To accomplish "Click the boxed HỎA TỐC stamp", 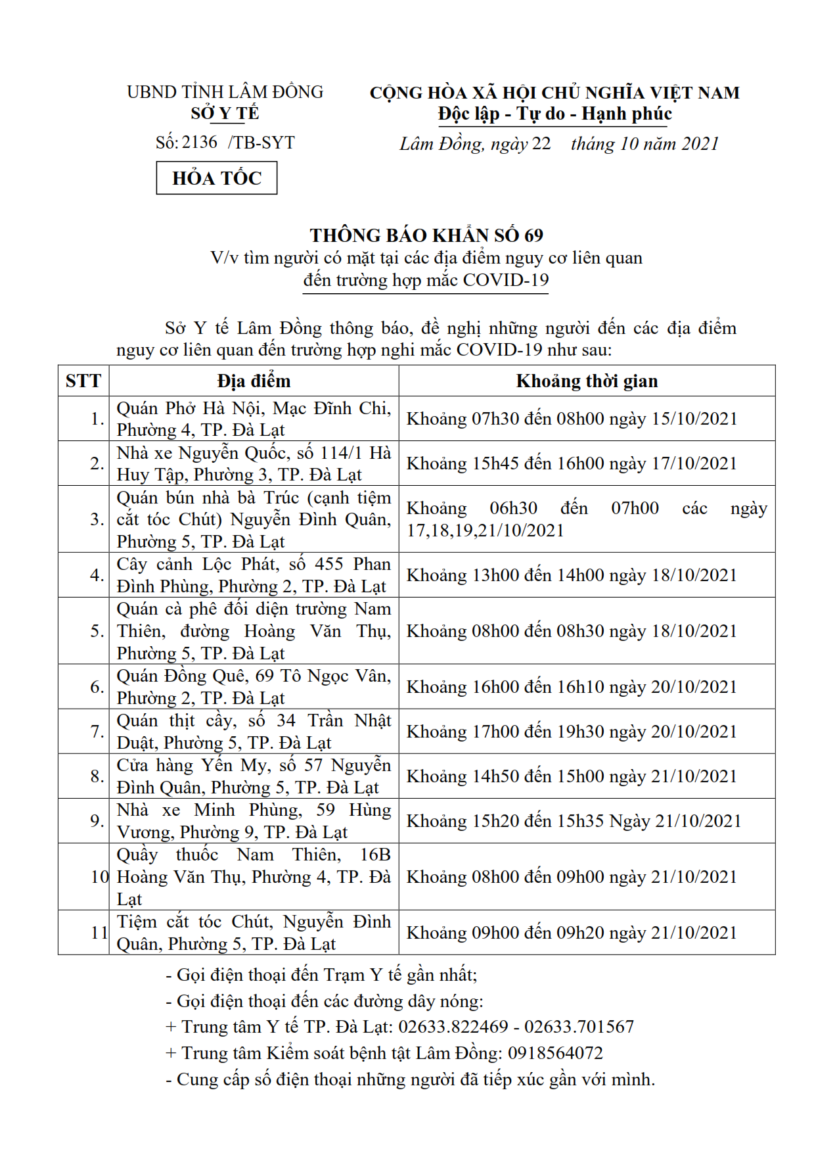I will tap(216, 178).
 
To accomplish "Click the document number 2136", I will tap(200, 142).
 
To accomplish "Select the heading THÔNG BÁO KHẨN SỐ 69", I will tap(426, 235).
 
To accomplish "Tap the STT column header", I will tap(83, 381).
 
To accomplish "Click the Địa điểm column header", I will tap(254, 381).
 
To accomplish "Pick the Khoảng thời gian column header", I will tap(587, 381).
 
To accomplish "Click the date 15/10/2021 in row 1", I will tap(694, 419).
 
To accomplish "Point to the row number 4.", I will tap(97, 575).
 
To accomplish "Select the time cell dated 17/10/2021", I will tap(572, 463).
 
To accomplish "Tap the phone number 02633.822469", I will tap(453, 1027).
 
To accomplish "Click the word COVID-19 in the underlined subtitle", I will tap(505, 280).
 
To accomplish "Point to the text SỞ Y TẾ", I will tap(225, 114).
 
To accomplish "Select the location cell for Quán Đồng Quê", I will tap(254, 687).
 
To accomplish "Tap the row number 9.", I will tap(97, 821).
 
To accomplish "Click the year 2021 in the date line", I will tap(700, 144).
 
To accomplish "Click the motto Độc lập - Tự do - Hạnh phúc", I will tap(555, 114).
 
